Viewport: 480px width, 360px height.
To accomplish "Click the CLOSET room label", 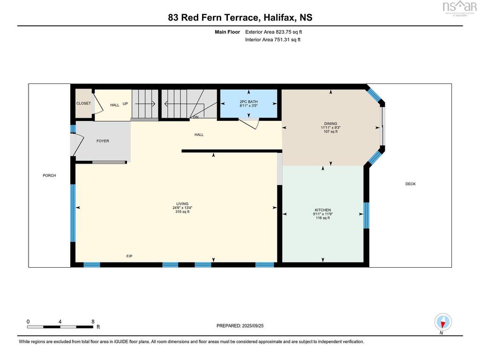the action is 83,104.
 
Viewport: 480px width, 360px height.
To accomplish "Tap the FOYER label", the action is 103,141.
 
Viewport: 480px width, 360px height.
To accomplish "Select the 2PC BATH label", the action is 248,102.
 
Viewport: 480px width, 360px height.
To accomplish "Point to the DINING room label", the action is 330,124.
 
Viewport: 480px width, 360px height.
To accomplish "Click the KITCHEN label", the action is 322,210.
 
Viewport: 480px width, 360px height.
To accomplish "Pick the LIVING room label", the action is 182,204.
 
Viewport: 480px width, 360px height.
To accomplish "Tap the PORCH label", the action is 49,176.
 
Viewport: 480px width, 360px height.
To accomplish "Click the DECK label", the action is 411,184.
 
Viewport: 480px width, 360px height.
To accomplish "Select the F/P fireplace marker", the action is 129,256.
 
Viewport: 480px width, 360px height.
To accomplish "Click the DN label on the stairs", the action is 195,117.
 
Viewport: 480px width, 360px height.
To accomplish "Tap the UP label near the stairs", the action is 125,104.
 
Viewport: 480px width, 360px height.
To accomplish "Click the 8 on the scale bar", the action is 93,322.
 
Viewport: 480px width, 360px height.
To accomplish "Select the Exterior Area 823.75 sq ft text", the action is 274,32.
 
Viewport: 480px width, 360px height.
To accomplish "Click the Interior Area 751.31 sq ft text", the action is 273,39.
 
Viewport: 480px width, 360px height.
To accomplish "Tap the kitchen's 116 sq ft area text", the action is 322,218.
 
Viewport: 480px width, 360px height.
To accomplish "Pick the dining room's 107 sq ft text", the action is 330,132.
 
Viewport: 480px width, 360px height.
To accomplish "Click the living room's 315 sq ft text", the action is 182,212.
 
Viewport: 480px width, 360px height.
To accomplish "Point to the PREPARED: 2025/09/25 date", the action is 240,326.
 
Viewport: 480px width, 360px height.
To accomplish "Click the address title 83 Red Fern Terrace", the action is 213,17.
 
